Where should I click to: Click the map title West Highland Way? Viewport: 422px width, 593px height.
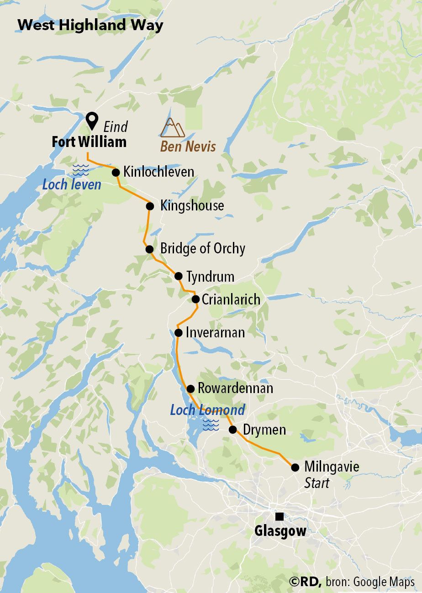90,25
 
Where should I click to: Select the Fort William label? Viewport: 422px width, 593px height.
89,142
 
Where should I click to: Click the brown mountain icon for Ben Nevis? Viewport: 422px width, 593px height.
172,128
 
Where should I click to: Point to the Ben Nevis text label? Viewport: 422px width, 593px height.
188,147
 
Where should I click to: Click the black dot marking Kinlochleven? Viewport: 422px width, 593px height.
116,172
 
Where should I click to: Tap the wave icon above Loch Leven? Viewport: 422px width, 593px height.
80,170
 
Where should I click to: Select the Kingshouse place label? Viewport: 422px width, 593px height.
192,205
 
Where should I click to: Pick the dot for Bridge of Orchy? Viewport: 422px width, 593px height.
149,249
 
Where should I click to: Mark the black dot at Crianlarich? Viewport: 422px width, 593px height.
195,299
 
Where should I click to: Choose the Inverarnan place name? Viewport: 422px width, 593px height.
215,332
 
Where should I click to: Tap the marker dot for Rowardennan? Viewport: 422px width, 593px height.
190,388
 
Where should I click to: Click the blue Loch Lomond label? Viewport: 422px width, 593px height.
207,410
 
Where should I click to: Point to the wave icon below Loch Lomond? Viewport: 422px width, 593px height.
211,425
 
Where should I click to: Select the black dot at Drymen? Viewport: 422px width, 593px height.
232,430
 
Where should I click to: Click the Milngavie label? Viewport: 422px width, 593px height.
332,467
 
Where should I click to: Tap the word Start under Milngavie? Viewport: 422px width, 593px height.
316,483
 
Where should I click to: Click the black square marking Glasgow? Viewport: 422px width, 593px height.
279,516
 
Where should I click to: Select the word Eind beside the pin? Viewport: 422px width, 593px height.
116,126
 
